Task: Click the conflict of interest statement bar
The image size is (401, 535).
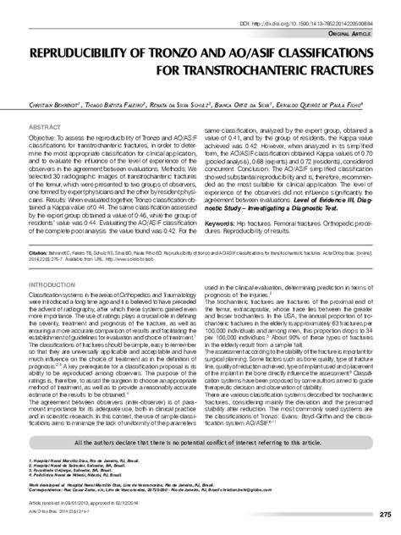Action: click(200, 466)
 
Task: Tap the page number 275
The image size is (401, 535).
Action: click(385, 516)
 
